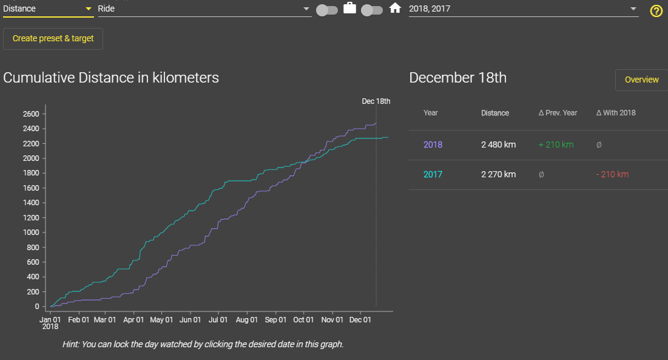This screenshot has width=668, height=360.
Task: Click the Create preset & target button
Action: tap(53, 38)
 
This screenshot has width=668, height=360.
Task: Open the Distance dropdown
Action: tap(48, 8)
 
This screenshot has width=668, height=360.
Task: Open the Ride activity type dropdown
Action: tap(204, 9)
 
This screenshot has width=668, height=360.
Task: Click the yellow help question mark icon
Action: tap(656, 11)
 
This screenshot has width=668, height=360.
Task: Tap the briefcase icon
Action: tap(349, 8)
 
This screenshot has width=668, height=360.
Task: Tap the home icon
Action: tap(396, 8)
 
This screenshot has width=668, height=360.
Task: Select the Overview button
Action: tap(641, 80)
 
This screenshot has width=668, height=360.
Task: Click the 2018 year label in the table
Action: tap(433, 144)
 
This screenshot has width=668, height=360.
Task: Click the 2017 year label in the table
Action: tap(433, 174)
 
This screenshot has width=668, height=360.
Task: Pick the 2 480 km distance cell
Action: tap(498, 144)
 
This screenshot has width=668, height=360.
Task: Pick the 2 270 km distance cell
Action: tap(498, 174)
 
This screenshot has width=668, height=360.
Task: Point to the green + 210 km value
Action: tap(556, 144)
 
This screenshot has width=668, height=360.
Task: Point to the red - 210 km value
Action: tap(612, 174)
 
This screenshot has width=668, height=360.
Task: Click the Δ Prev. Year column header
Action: tap(558, 113)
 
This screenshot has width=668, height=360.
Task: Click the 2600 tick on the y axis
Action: tap(32, 114)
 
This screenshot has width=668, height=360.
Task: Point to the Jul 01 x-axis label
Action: tap(218, 319)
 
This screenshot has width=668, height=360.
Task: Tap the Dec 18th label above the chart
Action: tap(376, 101)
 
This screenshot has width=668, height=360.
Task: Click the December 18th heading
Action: tap(457, 78)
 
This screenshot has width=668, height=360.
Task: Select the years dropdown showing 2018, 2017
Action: tap(523, 9)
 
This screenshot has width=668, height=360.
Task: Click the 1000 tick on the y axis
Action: tap(32, 233)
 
